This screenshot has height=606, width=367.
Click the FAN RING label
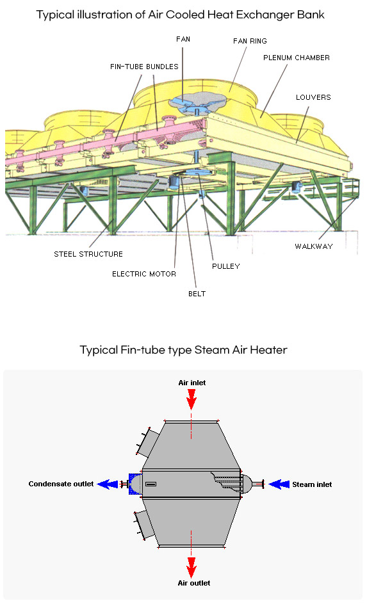coord(250,41)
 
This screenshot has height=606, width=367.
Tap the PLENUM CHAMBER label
coord(297,58)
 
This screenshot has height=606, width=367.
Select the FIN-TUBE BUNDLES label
coord(144,67)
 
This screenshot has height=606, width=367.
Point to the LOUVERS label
coord(313,97)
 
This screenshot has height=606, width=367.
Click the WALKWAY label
coord(314,246)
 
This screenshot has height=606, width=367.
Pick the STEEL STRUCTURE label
coord(88,254)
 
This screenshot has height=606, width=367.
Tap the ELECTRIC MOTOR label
coord(144,274)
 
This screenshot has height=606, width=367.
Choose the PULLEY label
coord(226,266)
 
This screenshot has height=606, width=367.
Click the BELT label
coord(197,294)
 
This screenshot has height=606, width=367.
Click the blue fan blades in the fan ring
coord(197,102)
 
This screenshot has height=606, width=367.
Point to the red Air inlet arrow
coord(192,399)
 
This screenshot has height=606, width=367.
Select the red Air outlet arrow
coord(191,568)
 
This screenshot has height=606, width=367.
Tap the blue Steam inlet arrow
coord(279,484)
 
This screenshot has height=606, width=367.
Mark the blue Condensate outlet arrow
coord(108,484)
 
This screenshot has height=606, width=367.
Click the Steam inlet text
coord(312,484)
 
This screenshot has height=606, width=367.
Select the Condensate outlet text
coord(61,484)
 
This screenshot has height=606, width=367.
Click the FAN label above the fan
coord(183,39)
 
